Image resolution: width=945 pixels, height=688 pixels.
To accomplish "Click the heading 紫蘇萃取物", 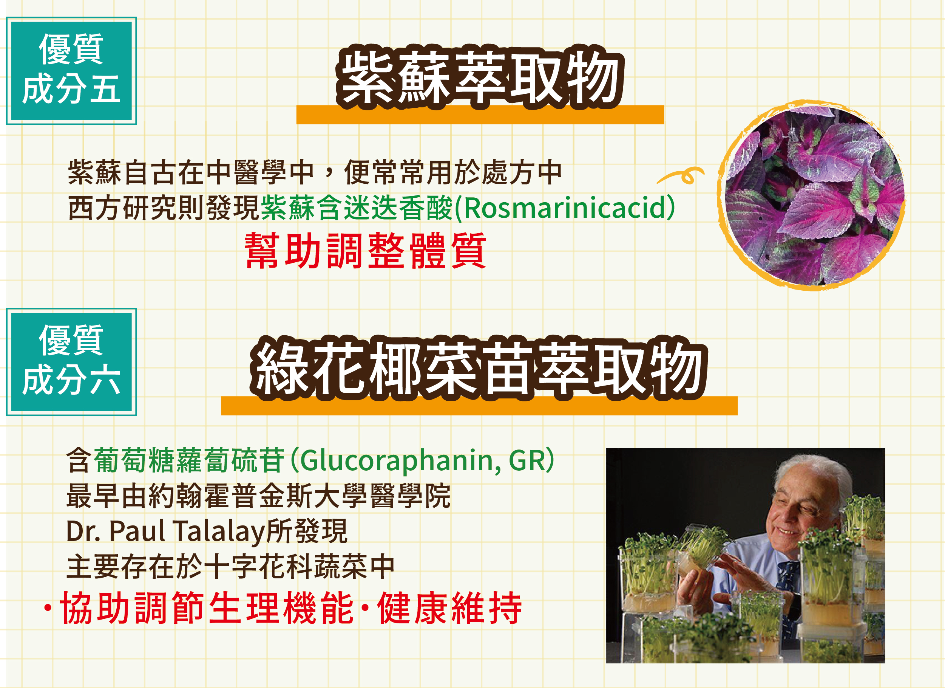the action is pos(480,77).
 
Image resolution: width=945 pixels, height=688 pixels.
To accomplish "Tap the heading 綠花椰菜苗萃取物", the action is pos(479,368).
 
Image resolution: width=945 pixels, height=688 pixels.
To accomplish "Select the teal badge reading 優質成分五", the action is pos(71,70).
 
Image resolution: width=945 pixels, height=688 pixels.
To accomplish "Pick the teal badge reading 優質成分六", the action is pos(71,362).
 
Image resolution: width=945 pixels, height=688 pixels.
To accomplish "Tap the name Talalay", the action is pos(219,532).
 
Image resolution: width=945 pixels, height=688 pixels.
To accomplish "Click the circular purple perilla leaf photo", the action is pos(811,195).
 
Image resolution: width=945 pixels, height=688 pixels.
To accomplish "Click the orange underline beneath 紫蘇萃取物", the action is pos(480,115).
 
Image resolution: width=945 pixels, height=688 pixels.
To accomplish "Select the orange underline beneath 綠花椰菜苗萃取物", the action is pos(479,405).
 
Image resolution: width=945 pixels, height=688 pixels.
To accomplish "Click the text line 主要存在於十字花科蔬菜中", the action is pos(230,567).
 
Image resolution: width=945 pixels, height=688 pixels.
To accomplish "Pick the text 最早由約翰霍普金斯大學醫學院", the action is pos(258,496).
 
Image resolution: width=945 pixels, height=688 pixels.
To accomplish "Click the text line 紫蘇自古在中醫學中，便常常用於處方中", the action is pos(315,172).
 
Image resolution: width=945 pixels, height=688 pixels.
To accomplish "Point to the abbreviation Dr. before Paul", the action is pos(83,531).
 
